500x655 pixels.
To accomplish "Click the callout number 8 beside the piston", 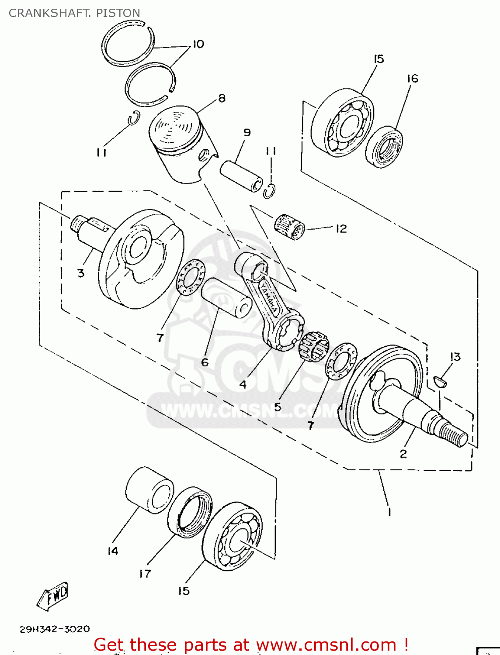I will click(x=222, y=98).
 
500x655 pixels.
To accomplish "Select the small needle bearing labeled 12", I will click(x=289, y=227).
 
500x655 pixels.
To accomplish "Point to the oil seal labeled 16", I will click(x=384, y=147).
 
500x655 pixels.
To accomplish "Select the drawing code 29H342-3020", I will click(x=55, y=629).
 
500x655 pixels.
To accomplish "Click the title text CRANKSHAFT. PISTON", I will click(x=74, y=13).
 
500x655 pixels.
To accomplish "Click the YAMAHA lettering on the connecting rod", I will click(x=269, y=297).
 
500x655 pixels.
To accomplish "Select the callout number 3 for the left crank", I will click(x=81, y=273).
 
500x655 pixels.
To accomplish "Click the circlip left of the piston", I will click(x=134, y=118).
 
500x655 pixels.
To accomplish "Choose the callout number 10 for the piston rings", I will click(x=198, y=44).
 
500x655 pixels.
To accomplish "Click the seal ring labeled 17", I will click(x=190, y=512).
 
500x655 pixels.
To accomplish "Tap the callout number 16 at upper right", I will click(x=412, y=79).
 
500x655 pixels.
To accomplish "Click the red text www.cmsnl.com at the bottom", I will click(x=326, y=645).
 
